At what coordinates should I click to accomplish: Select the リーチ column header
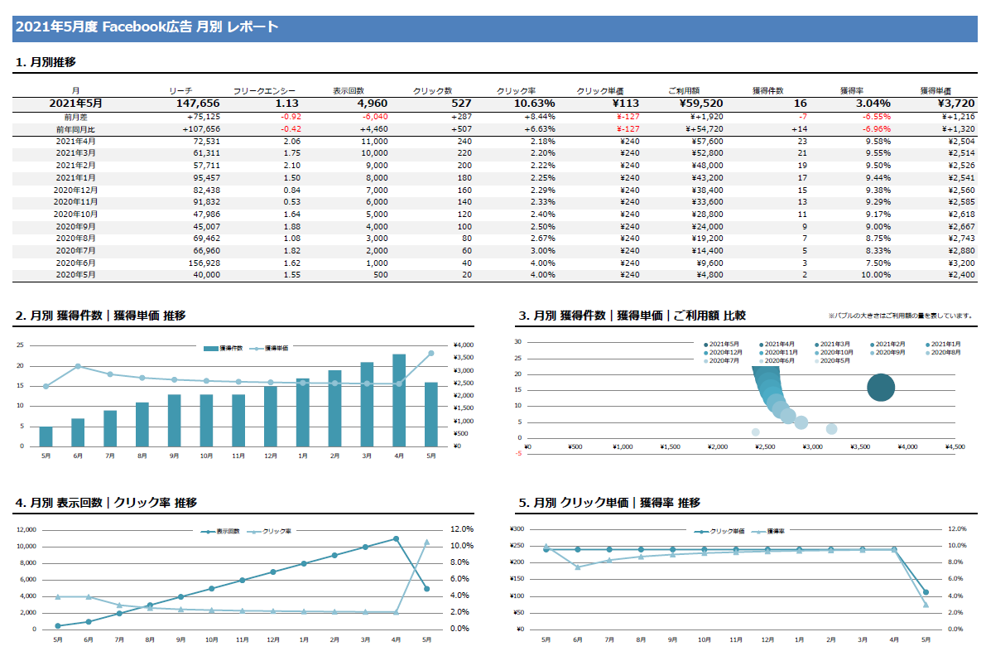(x=180, y=90)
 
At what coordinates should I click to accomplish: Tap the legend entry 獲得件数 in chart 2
(x=225, y=349)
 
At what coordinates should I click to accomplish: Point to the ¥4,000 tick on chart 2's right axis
(x=464, y=345)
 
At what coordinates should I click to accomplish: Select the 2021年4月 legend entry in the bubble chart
(x=779, y=344)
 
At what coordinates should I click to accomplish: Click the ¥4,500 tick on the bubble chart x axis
(x=955, y=447)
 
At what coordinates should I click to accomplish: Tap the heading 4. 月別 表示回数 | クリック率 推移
(x=106, y=503)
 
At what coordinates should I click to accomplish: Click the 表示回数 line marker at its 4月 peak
(x=396, y=538)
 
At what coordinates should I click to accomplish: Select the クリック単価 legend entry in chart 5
(x=719, y=531)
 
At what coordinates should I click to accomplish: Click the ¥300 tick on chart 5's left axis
(x=517, y=529)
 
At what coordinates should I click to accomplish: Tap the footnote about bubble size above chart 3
(x=899, y=316)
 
